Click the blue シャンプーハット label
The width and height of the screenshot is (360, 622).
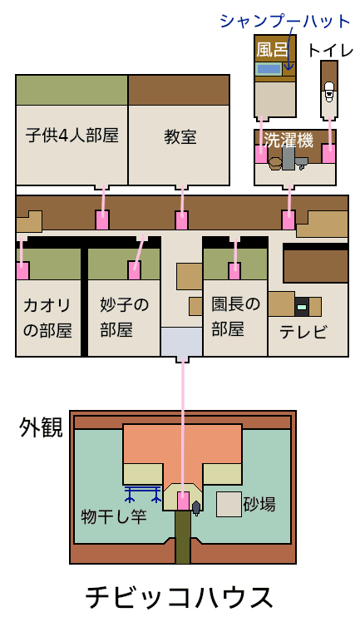285,22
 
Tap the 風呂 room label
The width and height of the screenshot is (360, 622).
272,50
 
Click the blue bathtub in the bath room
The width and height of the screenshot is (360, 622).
269,69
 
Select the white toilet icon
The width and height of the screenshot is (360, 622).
328,91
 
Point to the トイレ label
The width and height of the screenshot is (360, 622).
330,50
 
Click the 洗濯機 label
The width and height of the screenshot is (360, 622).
288,140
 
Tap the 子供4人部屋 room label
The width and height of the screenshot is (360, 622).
72,135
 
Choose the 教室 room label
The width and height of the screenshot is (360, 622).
180,137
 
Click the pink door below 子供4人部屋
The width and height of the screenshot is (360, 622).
102,220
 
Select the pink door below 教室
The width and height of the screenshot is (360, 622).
182,220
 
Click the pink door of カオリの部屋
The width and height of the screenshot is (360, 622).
22,270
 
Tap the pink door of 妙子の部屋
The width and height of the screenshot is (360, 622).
135,270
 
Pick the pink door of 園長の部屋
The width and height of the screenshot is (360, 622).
234,271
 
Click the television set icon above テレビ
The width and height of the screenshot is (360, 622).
301,307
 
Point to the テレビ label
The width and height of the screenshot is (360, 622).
303,332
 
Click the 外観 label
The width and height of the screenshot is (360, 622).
42,428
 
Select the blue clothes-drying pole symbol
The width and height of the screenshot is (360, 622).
143,493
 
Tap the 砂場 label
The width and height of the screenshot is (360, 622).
259,504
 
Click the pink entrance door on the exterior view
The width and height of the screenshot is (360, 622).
183,501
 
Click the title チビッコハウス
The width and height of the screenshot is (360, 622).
180,596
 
